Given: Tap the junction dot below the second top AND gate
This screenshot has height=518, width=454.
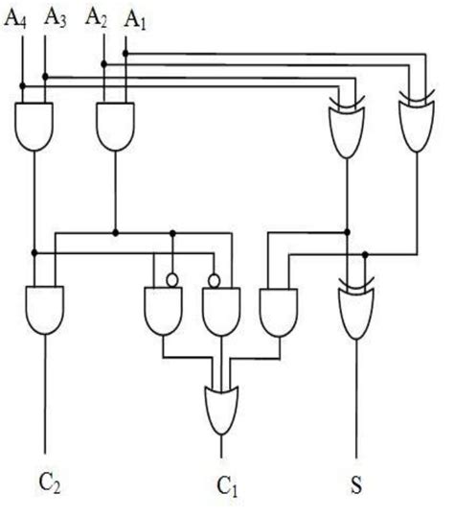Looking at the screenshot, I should click(114, 231).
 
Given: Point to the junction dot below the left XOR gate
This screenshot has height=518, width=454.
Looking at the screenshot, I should click(348, 231).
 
